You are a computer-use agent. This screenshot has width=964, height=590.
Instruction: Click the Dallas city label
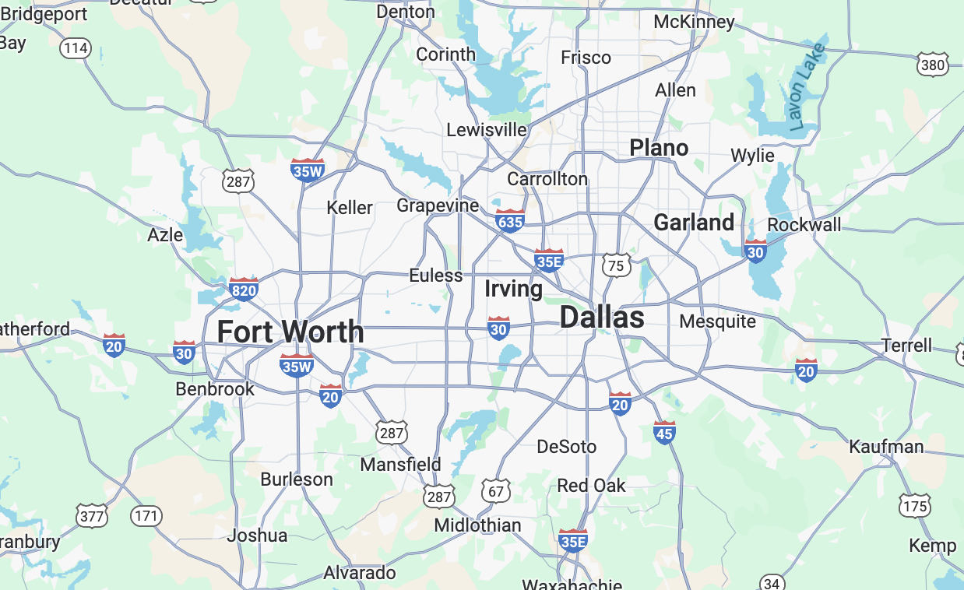[602, 318]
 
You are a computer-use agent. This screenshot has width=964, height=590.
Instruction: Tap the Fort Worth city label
[290, 332]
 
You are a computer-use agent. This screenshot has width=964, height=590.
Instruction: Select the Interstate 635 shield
[509, 221]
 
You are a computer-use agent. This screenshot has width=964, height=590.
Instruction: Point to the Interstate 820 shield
[244, 289]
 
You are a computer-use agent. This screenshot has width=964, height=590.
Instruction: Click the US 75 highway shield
[616, 265]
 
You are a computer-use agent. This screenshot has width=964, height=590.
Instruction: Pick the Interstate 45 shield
[664, 432]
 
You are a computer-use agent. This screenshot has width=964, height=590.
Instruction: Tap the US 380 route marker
[933, 65]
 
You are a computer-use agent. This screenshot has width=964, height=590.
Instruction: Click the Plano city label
[659, 148]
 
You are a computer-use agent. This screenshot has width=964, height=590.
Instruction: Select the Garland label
[694, 223]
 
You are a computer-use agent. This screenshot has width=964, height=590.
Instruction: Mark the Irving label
[513, 289]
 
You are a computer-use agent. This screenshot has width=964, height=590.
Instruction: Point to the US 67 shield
[497, 490]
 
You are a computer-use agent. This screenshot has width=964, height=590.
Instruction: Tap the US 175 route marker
[915, 506]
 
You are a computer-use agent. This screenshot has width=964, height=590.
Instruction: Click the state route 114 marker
[76, 48]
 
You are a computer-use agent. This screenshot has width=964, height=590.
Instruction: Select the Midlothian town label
[477, 525]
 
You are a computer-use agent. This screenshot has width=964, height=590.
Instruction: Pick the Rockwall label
[804, 225]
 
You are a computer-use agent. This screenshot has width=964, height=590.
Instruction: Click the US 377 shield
[92, 515]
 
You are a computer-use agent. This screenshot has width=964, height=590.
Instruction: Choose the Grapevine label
[438, 205]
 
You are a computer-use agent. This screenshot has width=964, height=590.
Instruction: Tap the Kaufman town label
[886, 447]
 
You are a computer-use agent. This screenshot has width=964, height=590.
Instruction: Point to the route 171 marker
[146, 515]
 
